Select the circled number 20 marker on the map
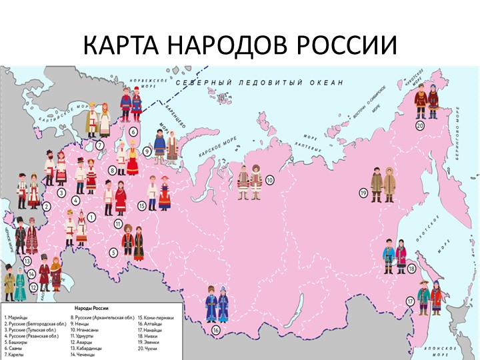(x=420, y=125)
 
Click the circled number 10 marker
(x=269, y=180)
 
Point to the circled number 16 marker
(x=216, y=330)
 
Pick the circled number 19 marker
(x=363, y=193)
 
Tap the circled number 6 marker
(x=133, y=131)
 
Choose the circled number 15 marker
(x=142, y=206)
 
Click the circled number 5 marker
(x=114, y=252)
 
